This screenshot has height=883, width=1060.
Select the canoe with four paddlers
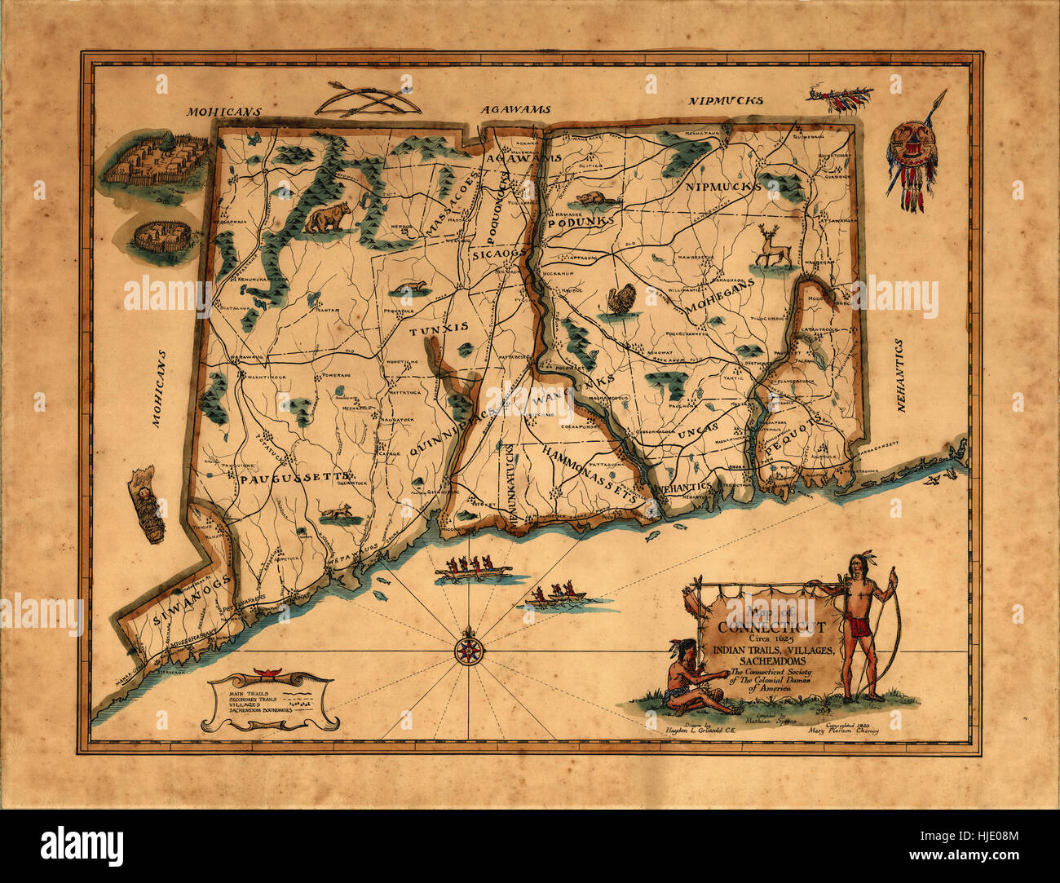click(x=473, y=568)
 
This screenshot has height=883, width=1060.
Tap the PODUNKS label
click(x=579, y=223)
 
